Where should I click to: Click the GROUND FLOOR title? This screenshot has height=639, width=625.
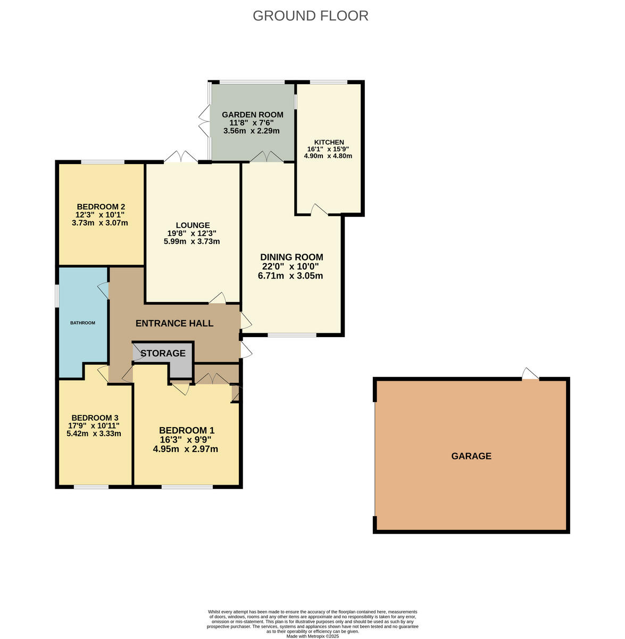[310, 15]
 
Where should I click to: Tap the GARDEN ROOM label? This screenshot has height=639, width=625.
[252, 114]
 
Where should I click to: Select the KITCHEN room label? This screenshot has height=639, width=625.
[329, 142]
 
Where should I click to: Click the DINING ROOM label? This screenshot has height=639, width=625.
[291, 257]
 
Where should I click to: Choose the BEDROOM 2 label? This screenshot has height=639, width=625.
[101, 207]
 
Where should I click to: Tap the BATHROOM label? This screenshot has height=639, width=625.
[83, 323]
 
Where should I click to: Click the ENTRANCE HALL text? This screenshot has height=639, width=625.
[174, 323]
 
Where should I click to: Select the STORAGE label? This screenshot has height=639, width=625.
[163, 353]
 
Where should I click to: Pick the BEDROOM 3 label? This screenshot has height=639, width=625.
[94, 417]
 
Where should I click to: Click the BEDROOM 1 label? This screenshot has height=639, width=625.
[186, 430]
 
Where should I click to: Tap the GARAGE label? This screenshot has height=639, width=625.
[471, 456]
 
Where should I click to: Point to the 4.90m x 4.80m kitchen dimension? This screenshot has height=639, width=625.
[328, 156]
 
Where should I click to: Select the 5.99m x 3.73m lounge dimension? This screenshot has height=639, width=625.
[191, 241]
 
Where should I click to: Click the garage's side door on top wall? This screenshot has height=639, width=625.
[530, 375]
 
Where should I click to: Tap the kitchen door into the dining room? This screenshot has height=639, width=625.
[319, 210]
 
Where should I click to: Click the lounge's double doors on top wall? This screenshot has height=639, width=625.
[181, 158]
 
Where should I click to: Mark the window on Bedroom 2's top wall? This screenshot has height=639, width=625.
[102, 162]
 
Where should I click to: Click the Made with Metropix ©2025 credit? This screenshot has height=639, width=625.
[312, 636]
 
